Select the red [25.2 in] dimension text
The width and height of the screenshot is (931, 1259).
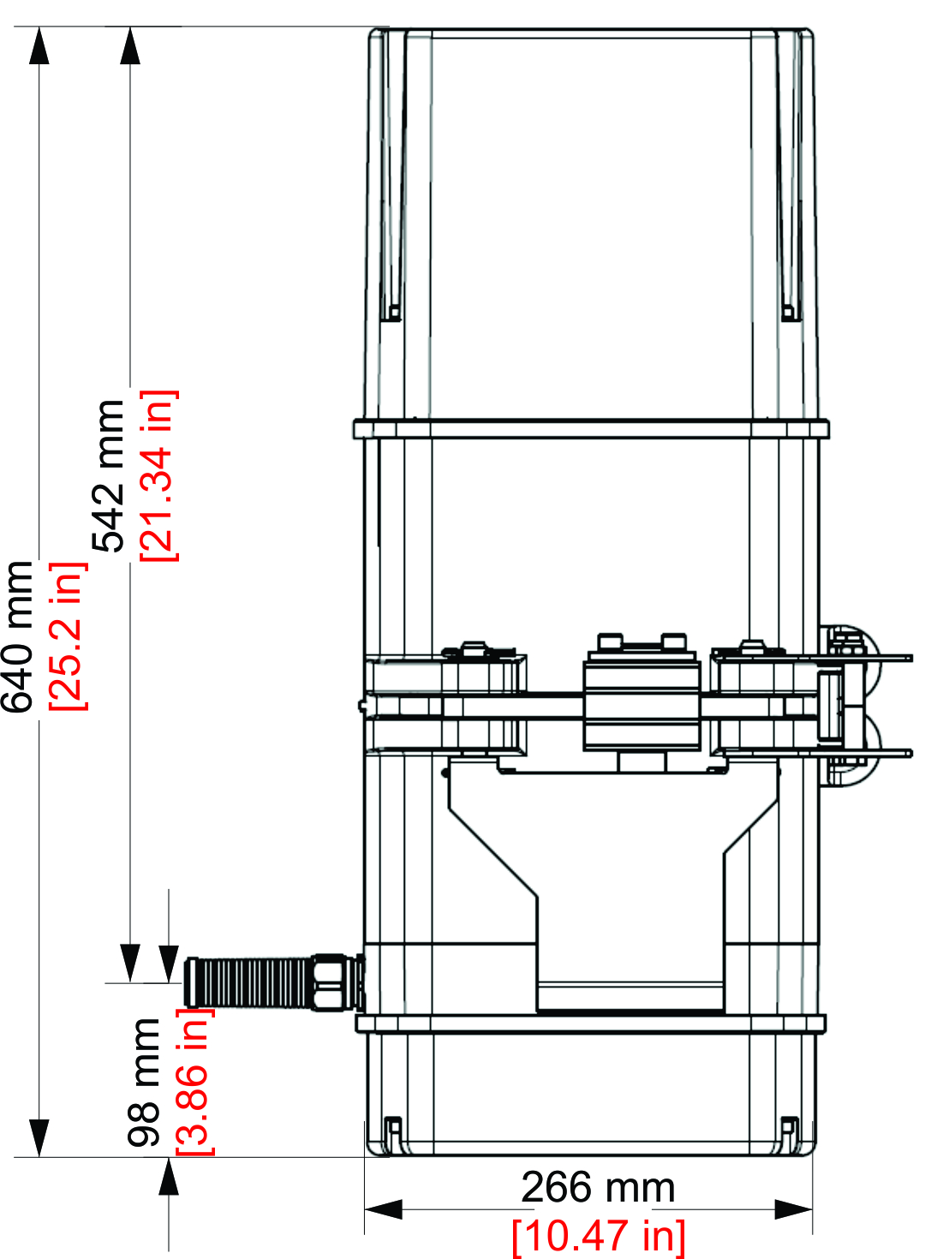(67, 635)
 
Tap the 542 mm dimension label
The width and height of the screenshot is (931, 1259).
(110, 475)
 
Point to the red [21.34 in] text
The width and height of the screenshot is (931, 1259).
(158, 475)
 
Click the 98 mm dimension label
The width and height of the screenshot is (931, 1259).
(144, 1082)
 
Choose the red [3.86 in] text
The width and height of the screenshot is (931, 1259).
(194, 1082)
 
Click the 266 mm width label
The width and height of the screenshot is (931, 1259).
(598, 1188)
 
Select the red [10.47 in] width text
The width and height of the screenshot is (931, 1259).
(598, 1236)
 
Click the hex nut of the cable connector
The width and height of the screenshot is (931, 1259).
(331, 982)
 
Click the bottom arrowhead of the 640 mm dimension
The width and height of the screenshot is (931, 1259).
(39, 1137)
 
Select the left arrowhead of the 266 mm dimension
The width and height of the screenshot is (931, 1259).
(383, 1209)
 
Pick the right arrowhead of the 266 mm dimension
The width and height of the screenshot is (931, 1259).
(793, 1209)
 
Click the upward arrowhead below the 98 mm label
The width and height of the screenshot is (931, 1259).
(169, 1177)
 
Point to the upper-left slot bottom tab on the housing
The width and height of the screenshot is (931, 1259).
(391, 312)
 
